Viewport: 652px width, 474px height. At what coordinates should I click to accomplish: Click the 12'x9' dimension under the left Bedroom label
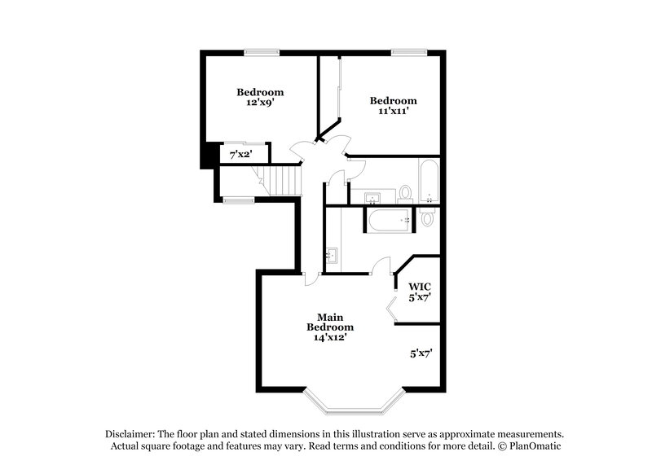[x=260, y=103]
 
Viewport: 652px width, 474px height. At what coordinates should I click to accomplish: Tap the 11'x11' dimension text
[x=394, y=112]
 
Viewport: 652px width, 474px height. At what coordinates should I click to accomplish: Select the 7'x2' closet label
[x=240, y=154]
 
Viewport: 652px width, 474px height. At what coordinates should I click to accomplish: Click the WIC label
[x=419, y=287]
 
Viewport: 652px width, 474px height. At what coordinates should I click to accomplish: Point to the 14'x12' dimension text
[x=330, y=338]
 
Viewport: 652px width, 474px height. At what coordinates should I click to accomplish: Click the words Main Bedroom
[x=330, y=321]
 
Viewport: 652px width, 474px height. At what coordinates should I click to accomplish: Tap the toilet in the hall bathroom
[x=405, y=194]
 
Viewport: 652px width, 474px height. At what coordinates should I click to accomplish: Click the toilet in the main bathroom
[x=429, y=217]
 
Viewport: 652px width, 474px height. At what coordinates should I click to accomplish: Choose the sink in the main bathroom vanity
[x=332, y=255]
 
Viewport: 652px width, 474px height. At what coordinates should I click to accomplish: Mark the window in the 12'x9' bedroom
[x=261, y=53]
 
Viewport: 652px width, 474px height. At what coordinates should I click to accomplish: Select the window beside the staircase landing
[x=238, y=200]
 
